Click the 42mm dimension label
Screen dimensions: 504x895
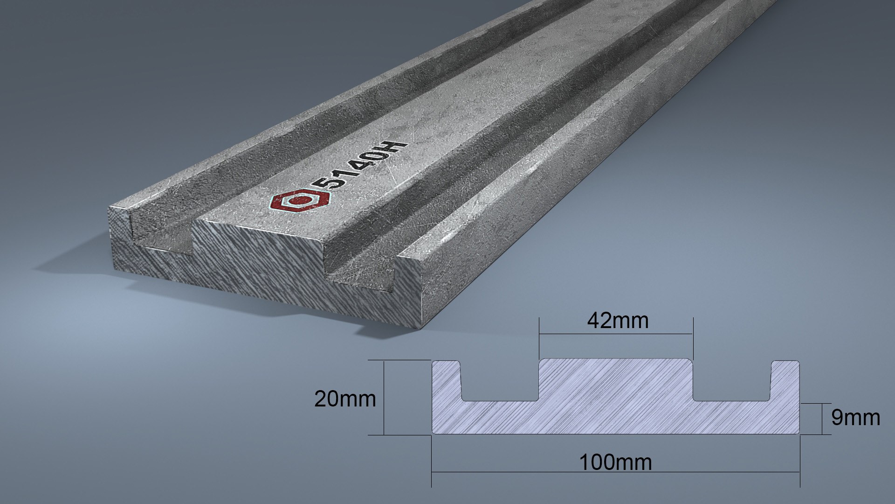point(617,321)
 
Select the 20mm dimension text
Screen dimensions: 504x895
point(344,399)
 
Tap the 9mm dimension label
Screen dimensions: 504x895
point(855,418)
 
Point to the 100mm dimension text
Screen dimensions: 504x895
point(615,462)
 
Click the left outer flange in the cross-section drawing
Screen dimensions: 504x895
point(446,383)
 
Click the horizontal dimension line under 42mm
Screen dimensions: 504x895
point(615,334)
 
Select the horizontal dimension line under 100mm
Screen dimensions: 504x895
point(615,472)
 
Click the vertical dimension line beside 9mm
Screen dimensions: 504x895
point(821,419)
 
